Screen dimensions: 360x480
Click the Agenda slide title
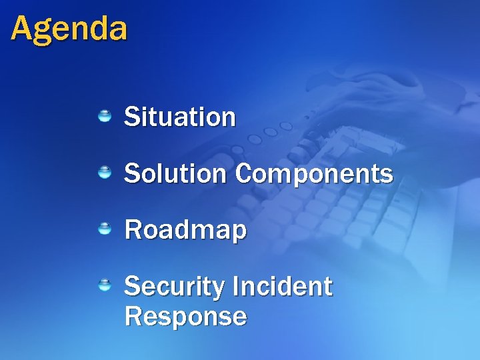click(69, 29)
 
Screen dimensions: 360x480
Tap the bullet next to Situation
click(105, 117)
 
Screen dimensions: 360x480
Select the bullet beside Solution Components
click(105, 173)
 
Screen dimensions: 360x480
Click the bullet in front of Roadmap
click(105, 229)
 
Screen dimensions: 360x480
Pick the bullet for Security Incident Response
click(105, 286)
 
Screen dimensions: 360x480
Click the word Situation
click(179, 117)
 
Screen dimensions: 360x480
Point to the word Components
click(314, 175)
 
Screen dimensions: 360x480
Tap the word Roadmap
click(185, 231)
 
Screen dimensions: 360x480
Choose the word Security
click(175, 287)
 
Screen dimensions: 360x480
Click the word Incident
click(283, 287)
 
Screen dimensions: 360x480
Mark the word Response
click(185, 316)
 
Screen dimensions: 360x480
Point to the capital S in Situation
click(131, 117)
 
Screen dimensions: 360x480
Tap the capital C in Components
click(244, 174)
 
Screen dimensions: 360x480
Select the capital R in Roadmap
click(132, 230)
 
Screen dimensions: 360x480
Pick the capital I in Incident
click(237, 287)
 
